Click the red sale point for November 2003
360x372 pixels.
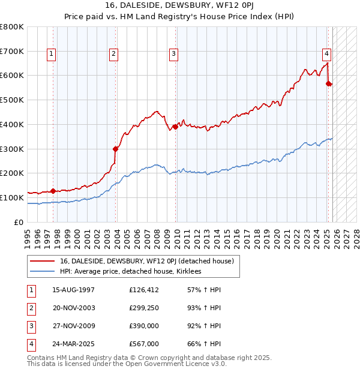(x=115, y=149)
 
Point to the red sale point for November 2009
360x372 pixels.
(x=175, y=127)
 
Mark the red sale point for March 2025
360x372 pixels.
(x=328, y=83)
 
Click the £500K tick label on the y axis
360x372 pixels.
(x=12, y=100)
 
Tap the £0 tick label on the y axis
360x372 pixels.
(x=19, y=222)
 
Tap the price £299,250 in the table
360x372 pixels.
(x=143, y=307)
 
